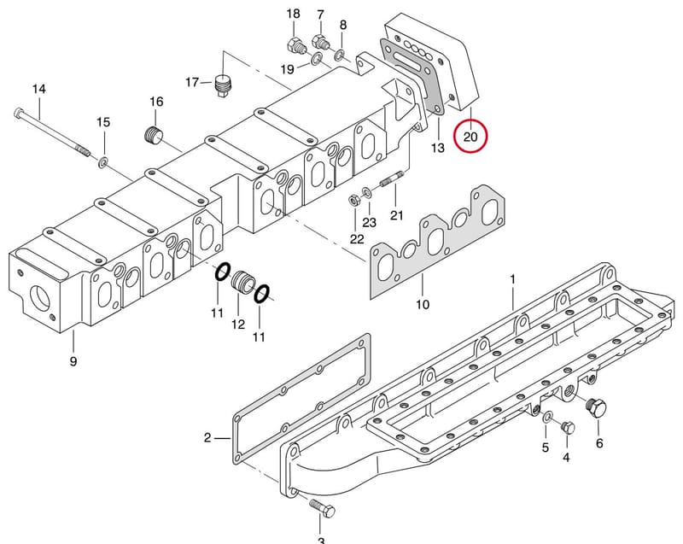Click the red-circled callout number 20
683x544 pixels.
click(x=470, y=137)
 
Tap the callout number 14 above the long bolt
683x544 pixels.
click(x=38, y=89)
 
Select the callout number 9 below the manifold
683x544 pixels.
click(x=73, y=361)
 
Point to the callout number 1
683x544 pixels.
click(x=513, y=279)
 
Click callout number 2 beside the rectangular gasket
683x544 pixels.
click(x=207, y=437)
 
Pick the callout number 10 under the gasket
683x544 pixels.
click(x=423, y=304)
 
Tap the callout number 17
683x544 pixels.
click(x=192, y=82)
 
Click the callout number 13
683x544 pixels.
click(x=438, y=148)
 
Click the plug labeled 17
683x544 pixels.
click(x=223, y=85)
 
